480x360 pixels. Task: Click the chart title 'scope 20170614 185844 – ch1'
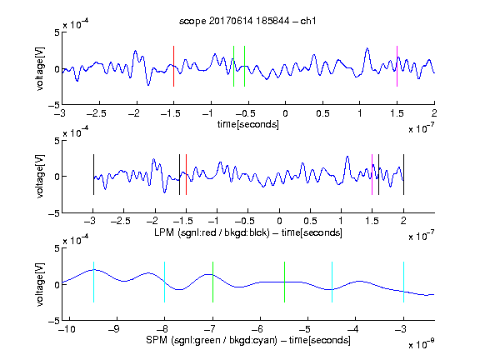[x=247, y=21]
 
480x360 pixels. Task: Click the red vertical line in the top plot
[x=173, y=66]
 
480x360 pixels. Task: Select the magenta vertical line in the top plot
[x=397, y=66]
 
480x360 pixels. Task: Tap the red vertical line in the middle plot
[x=186, y=174]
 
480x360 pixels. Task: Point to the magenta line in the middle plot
[x=372, y=174]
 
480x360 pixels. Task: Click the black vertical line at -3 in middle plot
[x=93, y=174]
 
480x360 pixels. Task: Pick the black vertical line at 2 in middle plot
[x=404, y=174]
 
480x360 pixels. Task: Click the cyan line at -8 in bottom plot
[x=165, y=282]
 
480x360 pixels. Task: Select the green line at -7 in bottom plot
[x=212, y=282]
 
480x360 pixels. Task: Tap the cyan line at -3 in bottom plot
[x=404, y=282]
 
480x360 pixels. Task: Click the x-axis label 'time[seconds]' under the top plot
[x=248, y=125]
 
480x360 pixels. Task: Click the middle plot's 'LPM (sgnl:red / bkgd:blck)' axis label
[x=212, y=232]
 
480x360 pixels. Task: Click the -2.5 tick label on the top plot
[x=97, y=113]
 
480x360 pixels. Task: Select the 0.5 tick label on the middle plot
[x=310, y=221]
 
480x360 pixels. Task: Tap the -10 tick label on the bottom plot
[x=67, y=329]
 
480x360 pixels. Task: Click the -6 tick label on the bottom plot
[x=257, y=329]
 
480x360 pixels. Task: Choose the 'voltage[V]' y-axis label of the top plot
[x=40, y=68]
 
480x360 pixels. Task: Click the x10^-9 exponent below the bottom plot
[x=422, y=344]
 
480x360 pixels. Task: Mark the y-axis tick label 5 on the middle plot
[x=57, y=141]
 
